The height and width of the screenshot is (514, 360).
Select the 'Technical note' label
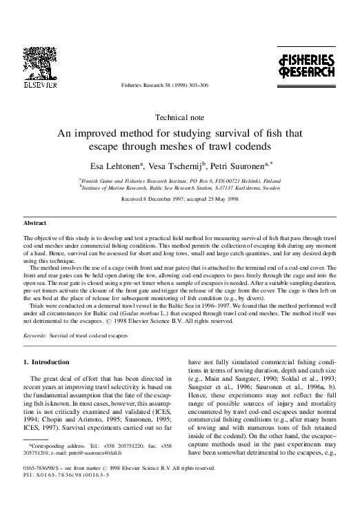pos(180,118)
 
